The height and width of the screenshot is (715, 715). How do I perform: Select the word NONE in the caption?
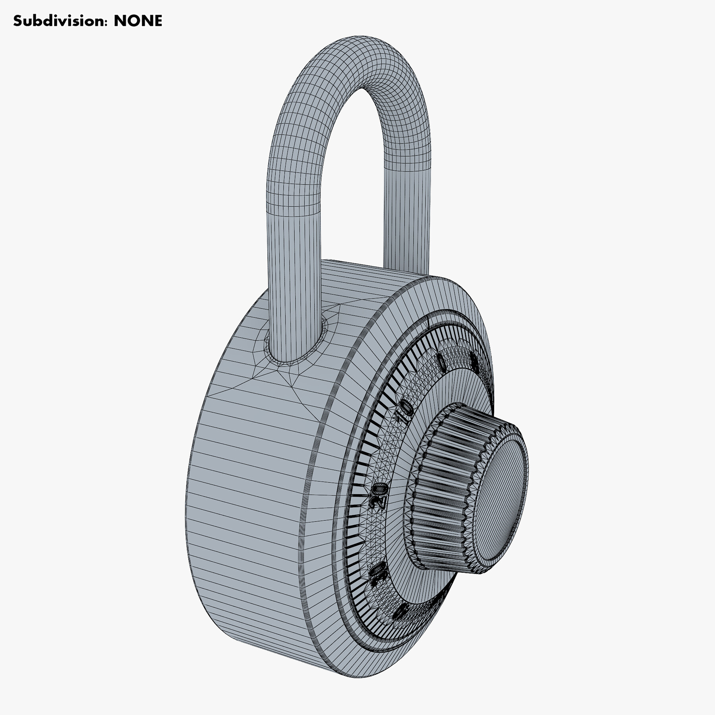(138, 21)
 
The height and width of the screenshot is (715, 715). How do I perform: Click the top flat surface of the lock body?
(357, 278)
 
